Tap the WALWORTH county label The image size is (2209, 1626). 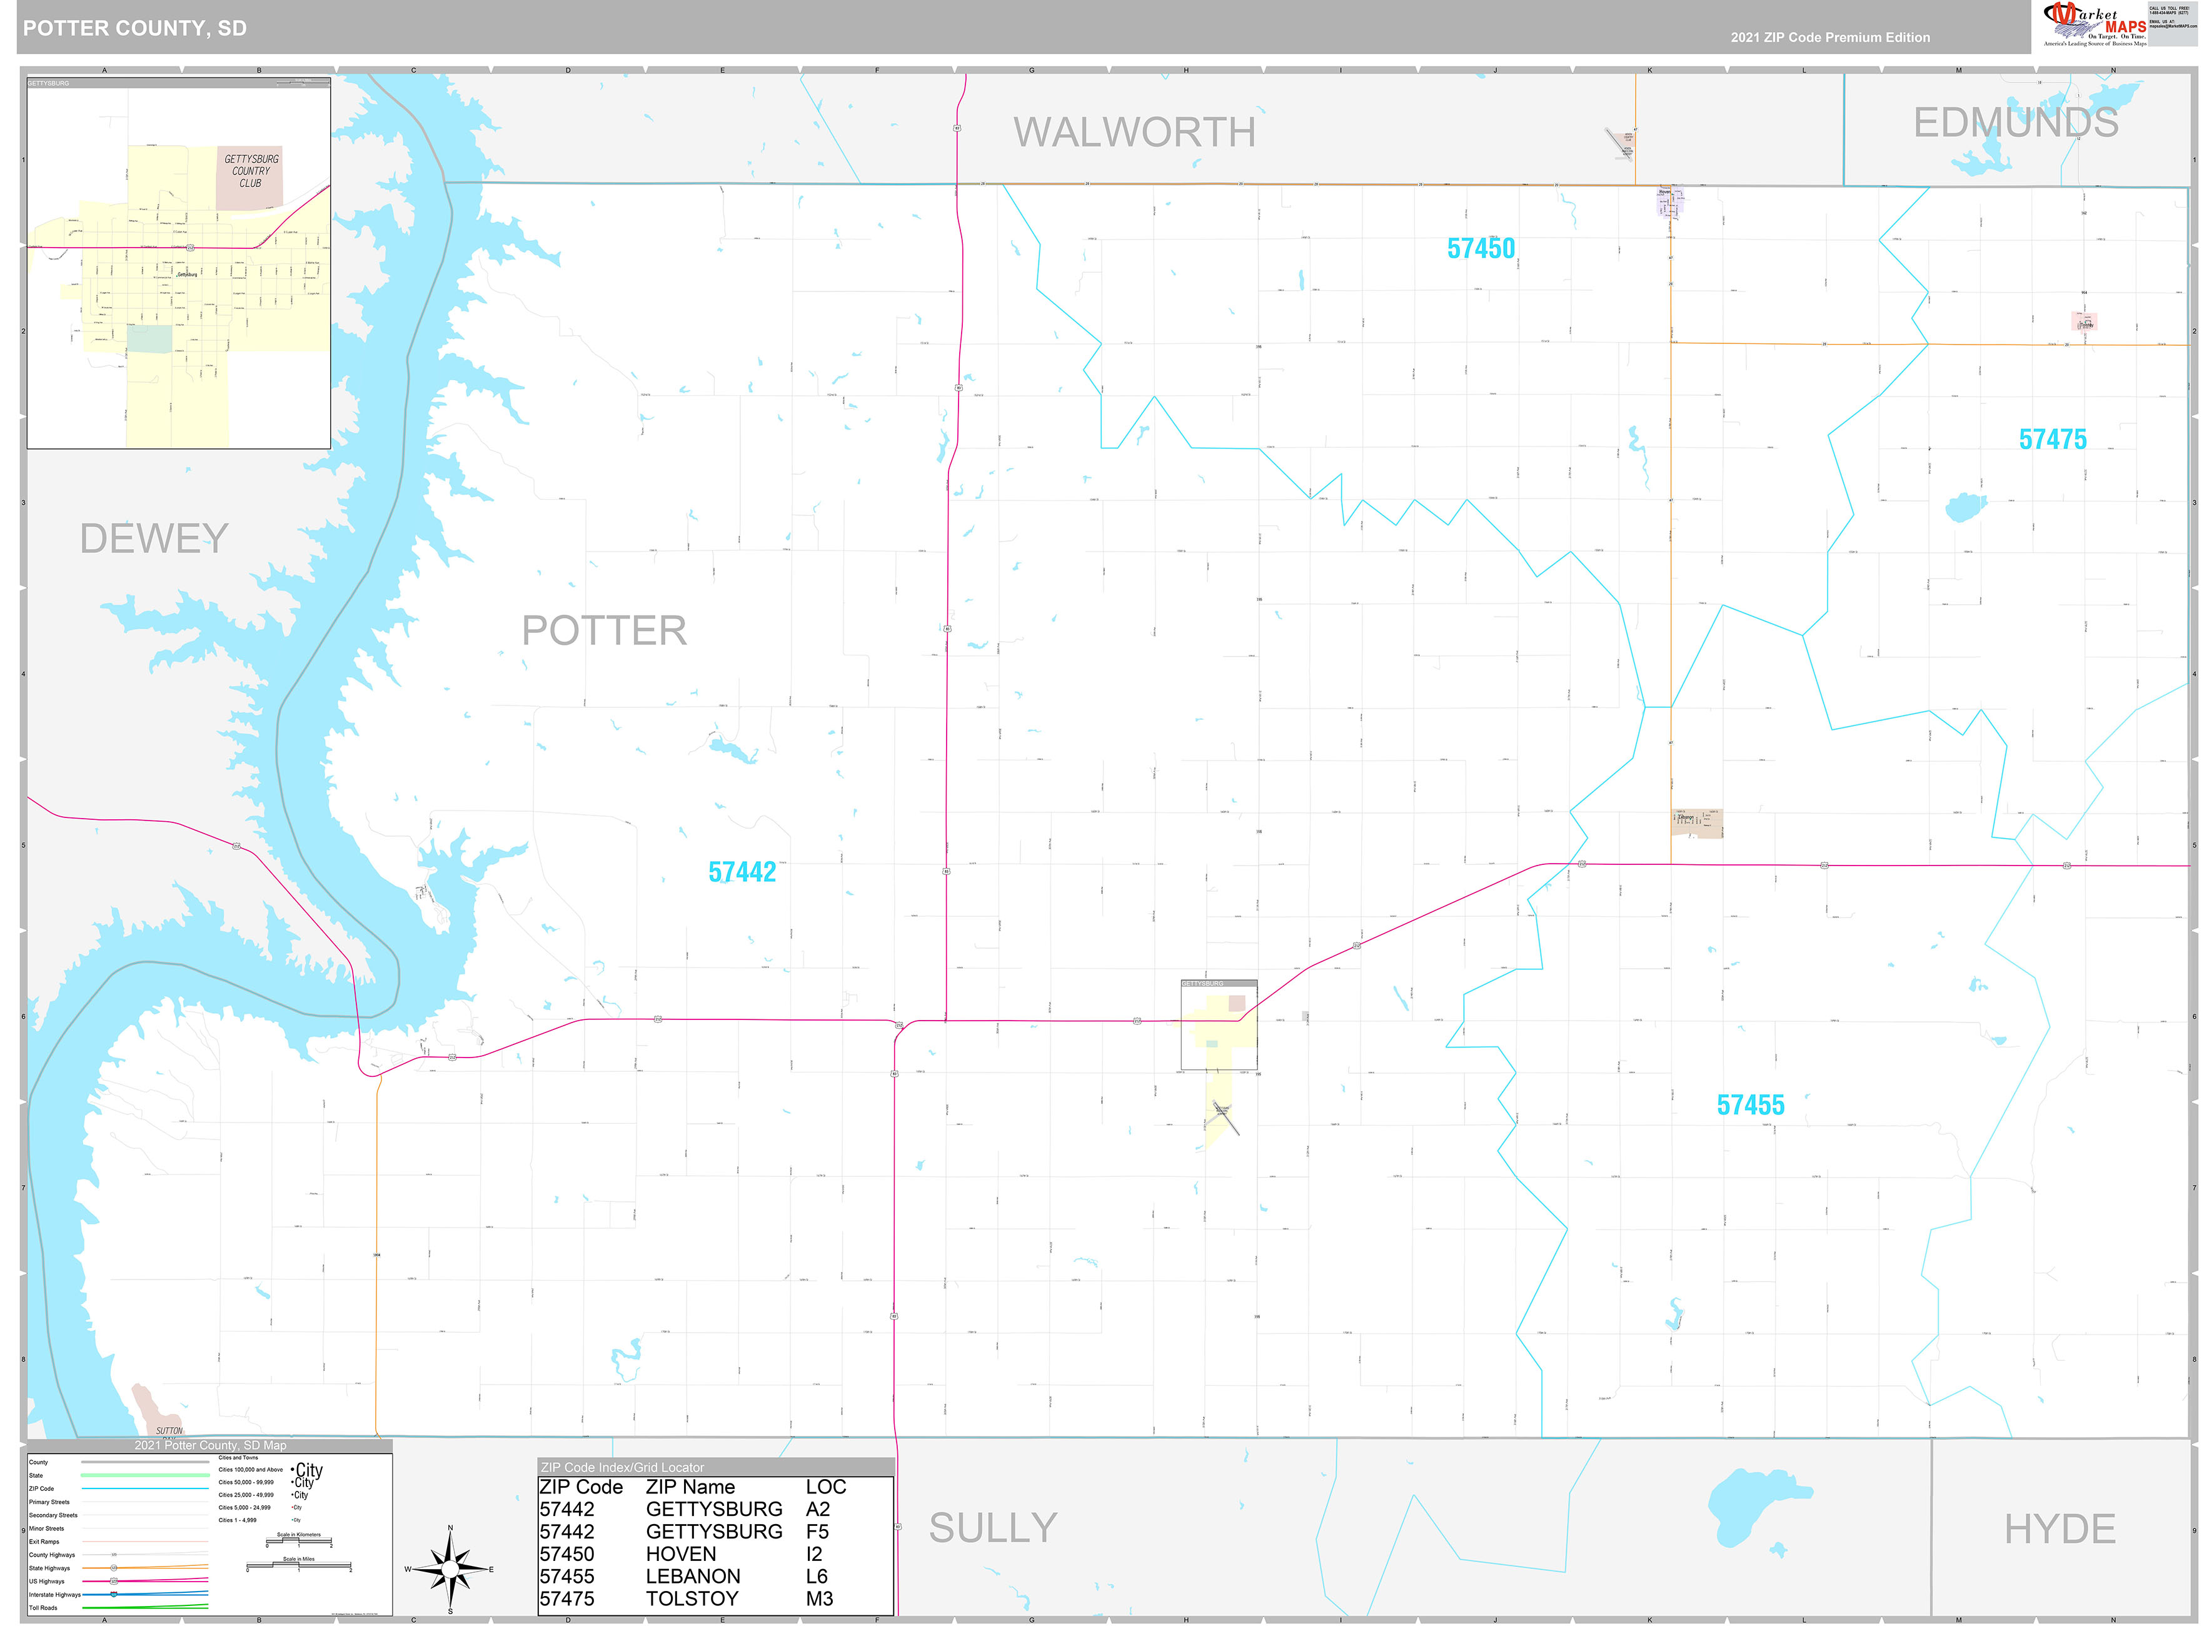pyautogui.click(x=1134, y=133)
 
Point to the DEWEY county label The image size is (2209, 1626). pyautogui.click(x=154, y=538)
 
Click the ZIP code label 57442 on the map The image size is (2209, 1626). pyautogui.click(x=742, y=872)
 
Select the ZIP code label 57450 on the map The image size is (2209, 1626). pyautogui.click(x=1480, y=249)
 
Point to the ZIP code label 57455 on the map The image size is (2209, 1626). pyautogui.click(x=1749, y=1105)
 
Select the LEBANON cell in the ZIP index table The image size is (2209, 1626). pyautogui.click(x=693, y=1576)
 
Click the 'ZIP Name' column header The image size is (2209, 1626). pyautogui.click(x=690, y=1487)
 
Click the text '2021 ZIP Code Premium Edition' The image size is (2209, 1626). pyautogui.click(x=1829, y=38)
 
